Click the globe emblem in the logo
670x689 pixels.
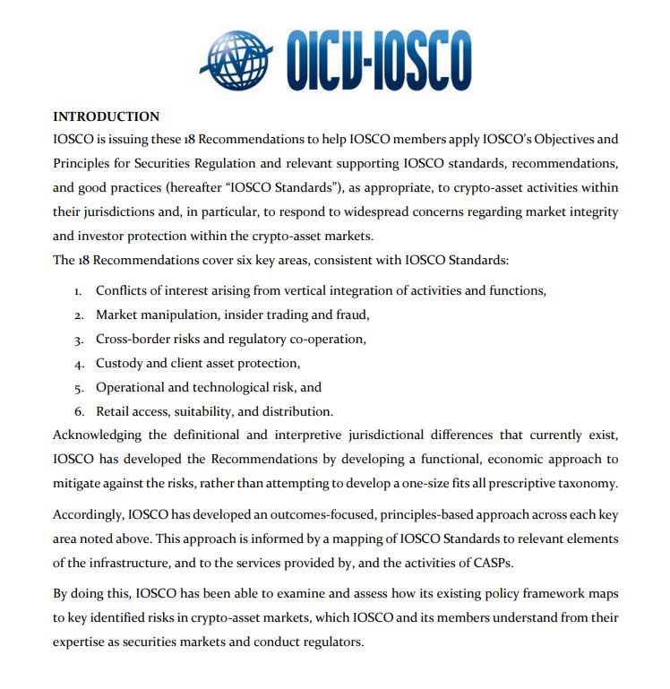pos(237,57)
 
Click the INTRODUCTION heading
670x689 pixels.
pos(106,116)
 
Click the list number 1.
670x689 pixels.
pos(78,291)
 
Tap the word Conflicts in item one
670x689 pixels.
pos(124,290)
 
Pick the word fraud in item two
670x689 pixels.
pos(351,314)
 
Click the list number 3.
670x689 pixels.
pos(78,340)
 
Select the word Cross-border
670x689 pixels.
pos(135,339)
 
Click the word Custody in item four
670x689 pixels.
pos(121,363)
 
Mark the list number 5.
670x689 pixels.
pos(78,388)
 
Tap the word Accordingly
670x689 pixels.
pos(89,515)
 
